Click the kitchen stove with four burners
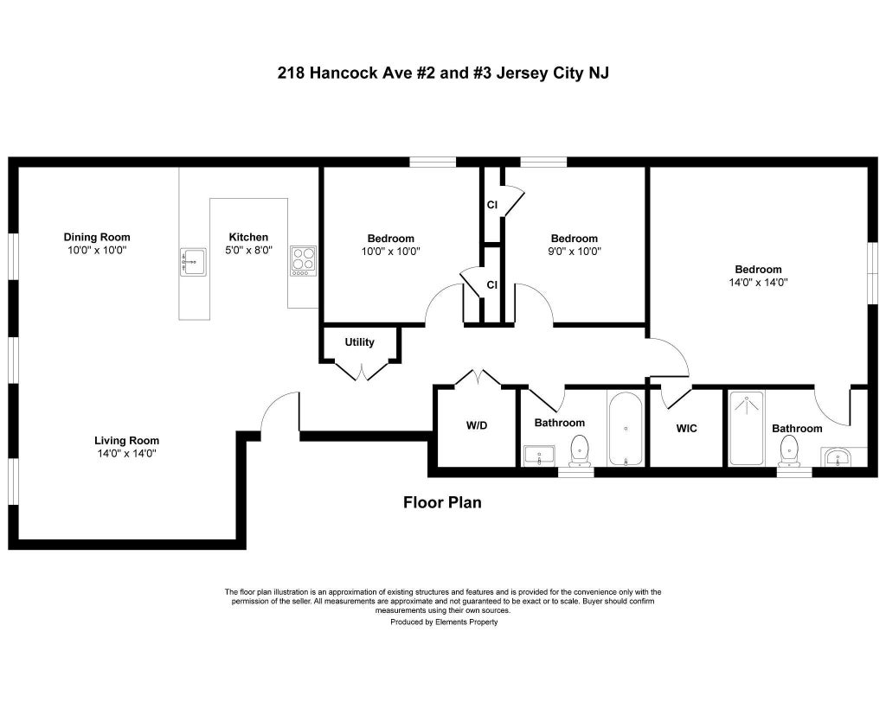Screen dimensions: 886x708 tap(304, 261)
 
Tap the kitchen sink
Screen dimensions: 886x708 tap(193, 261)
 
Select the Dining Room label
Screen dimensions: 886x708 tap(97, 237)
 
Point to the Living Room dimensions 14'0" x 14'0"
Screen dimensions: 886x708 tap(126, 453)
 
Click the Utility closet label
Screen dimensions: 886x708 tap(359, 342)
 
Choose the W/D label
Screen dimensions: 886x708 tap(477, 425)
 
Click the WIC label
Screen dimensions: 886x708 tap(686, 429)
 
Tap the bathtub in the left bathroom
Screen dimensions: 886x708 tap(626, 429)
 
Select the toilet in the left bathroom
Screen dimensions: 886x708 tap(580, 450)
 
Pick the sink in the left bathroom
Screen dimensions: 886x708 tap(540, 456)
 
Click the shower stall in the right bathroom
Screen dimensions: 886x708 tap(747, 429)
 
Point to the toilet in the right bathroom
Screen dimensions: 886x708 tap(789, 451)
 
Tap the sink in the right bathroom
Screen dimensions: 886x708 tap(838, 456)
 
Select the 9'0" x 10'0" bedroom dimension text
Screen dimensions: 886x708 tap(575, 252)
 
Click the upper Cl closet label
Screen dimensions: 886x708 tap(492, 204)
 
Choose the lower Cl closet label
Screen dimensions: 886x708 tap(492, 285)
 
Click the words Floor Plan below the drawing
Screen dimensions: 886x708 tap(442, 502)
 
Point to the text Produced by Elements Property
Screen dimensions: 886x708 tap(444, 622)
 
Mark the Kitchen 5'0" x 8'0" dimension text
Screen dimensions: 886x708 tap(248, 250)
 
